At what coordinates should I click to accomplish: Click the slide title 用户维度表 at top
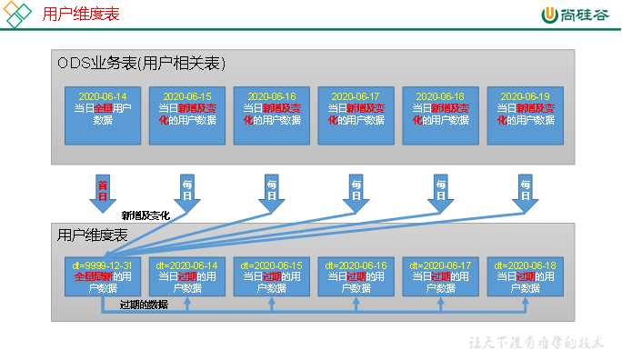pos(81,15)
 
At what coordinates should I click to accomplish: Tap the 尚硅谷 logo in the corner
pos(577,15)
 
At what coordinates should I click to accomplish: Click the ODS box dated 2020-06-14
pos(103,115)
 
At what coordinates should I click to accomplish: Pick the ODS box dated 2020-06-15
pos(186,115)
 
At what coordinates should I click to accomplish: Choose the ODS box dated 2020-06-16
pos(271,115)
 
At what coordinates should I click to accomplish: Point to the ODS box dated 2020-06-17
pos(356,115)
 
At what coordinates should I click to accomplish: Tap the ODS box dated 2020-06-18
pos(440,115)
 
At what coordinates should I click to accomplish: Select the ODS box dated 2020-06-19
pos(525,115)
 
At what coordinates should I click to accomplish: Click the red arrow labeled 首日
pos(103,190)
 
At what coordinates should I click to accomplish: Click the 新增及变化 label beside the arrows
pos(145,215)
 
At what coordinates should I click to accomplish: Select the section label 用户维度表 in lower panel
pos(92,235)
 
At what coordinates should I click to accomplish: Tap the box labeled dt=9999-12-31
pos(103,275)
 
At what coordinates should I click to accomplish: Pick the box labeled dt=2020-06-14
pos(186,275)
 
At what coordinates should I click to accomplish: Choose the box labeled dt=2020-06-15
pos(271,275)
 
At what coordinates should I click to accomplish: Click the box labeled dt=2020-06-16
pos(356,275)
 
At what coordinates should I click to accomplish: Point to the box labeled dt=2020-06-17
pos(440,275)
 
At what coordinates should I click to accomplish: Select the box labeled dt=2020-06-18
pos(525,275)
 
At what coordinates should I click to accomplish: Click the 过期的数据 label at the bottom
pos(144,305)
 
